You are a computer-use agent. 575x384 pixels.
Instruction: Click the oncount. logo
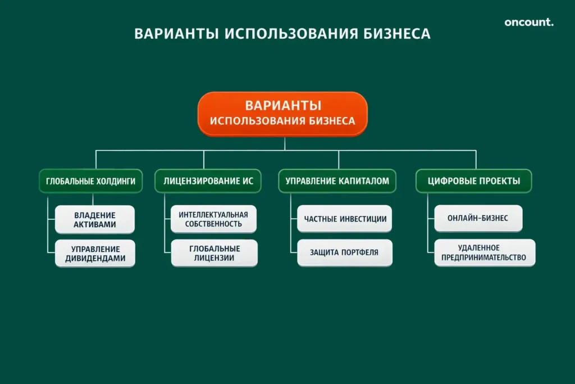tap(528, 22)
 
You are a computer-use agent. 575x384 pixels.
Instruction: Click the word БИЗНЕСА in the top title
tap(394, 34)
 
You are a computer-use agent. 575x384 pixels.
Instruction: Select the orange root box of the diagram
tap(282, 114)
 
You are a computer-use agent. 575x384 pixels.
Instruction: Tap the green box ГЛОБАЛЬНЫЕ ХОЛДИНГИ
tap(90, 181)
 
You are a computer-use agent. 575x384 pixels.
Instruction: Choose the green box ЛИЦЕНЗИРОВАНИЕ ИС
tap(208, 181)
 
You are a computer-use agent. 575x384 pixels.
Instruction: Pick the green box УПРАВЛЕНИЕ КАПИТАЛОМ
tap(337, 181)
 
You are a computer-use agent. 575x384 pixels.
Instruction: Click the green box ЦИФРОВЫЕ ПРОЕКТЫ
tap(473, 181)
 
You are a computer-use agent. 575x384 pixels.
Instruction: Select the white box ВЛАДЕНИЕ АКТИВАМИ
tap(95, 219)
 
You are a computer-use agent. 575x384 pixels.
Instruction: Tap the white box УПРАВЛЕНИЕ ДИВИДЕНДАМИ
tap(95, 254)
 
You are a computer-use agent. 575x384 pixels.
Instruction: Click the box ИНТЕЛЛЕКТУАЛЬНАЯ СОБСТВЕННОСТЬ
tap(213, 219)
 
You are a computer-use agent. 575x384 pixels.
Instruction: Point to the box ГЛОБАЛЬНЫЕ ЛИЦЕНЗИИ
tap(215, 253)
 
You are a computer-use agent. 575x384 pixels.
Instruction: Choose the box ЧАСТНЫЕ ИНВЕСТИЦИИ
tap(345, 219)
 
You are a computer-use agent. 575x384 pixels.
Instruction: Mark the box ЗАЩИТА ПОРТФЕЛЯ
tap(345, 252)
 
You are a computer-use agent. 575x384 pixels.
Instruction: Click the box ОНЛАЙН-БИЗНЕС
tap(478, 218)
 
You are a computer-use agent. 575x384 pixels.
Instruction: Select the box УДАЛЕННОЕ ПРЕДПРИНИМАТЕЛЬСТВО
tap(485, 252)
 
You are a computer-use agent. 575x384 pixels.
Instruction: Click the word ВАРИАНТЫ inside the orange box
tap(283, 105)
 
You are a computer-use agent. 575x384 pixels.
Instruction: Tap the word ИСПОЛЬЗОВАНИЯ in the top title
tap(290, 34)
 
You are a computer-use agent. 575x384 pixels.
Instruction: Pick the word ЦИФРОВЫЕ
tap(450, 181)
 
